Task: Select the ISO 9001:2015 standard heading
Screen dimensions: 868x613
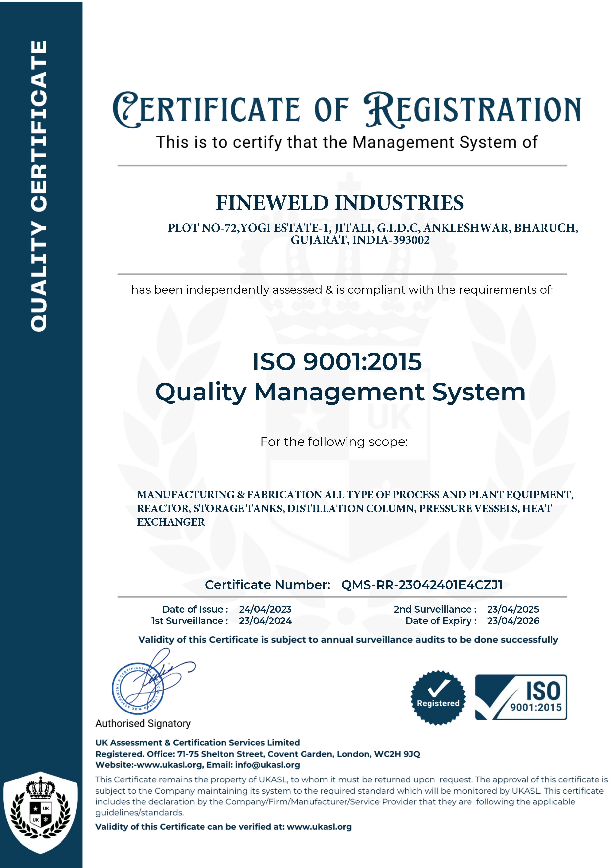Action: (337, 361)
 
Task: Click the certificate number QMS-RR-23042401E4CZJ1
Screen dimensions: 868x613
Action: (422, 585)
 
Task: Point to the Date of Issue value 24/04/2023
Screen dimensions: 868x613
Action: (265, 609)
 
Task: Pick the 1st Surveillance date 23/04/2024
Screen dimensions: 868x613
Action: (265, 621)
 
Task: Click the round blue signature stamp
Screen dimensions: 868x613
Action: (138, 689)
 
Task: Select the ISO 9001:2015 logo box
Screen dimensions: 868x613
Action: (521, 697)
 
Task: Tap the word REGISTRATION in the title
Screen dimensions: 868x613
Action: (472, 110)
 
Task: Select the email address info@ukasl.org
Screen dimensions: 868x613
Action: (267, 765)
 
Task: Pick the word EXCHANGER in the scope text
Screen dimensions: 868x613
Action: (171, 522)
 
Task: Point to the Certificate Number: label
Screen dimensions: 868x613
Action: (267, 585)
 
